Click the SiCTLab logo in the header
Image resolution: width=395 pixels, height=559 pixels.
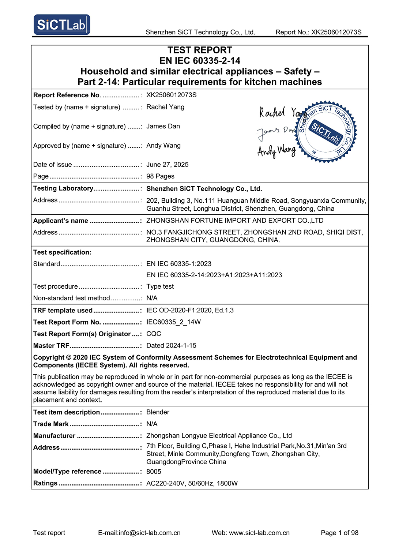click(62, 25)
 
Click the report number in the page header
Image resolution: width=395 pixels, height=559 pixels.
click(318, 32)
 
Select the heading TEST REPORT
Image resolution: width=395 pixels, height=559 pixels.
click(200, 50)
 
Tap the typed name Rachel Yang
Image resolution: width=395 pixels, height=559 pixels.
click(165, 107)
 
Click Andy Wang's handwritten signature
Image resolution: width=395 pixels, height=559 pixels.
click(276, 150)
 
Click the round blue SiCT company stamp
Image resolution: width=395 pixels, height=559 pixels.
click(326, 132)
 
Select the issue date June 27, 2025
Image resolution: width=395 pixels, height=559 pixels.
click(167, 165)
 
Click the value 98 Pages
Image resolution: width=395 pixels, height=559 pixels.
click(160, 176)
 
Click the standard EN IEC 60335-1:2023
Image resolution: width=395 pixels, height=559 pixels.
click(179, 264)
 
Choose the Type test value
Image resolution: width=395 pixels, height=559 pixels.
click(160, 286)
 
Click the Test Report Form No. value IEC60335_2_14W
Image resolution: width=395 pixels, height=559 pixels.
click(173, 322)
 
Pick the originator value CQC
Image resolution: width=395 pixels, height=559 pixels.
click(154, 334)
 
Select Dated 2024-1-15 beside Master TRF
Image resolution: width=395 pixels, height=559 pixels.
click(171, 345)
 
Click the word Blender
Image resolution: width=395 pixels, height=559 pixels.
click(158, 412)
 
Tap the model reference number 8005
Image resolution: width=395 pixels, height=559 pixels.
click(154, 472)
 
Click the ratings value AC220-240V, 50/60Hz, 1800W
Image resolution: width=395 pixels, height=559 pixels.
click(192, 483)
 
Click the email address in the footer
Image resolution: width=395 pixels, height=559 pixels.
click(139, 533)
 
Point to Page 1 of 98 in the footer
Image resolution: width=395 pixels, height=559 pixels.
click(339, 533)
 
